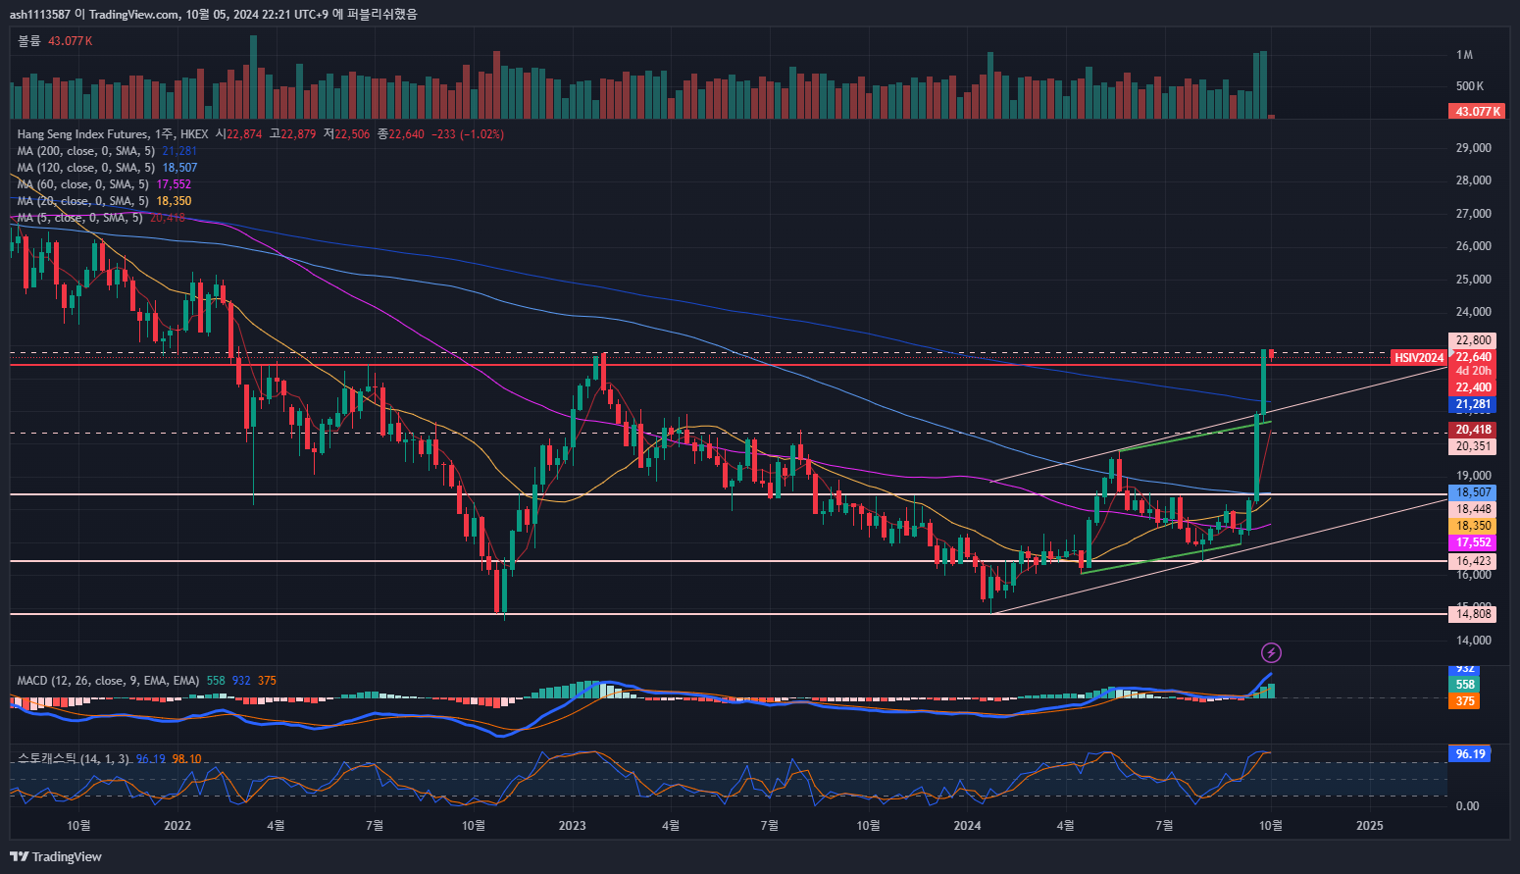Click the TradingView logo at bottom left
pos(56,856)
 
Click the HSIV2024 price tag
pos(1419,358)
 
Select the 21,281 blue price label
pos(1473,404)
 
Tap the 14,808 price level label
pos(1473,614)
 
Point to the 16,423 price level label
pos(1473,561)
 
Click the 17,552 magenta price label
pos(1473,542)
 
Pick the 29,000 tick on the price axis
pos(1473,148)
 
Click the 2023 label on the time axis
pos(572,826)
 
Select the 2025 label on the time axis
pos(1369,826)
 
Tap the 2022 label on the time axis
pos(177,826)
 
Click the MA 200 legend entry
pos(86,151)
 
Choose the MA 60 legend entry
pos(83,184)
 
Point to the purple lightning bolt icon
pos(1271,652)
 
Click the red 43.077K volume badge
pos(1477,112)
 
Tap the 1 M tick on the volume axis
pos(1465,55)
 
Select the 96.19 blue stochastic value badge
pos(1469,754)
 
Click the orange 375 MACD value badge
pos(1465,701)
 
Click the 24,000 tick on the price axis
pos(1473,312)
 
